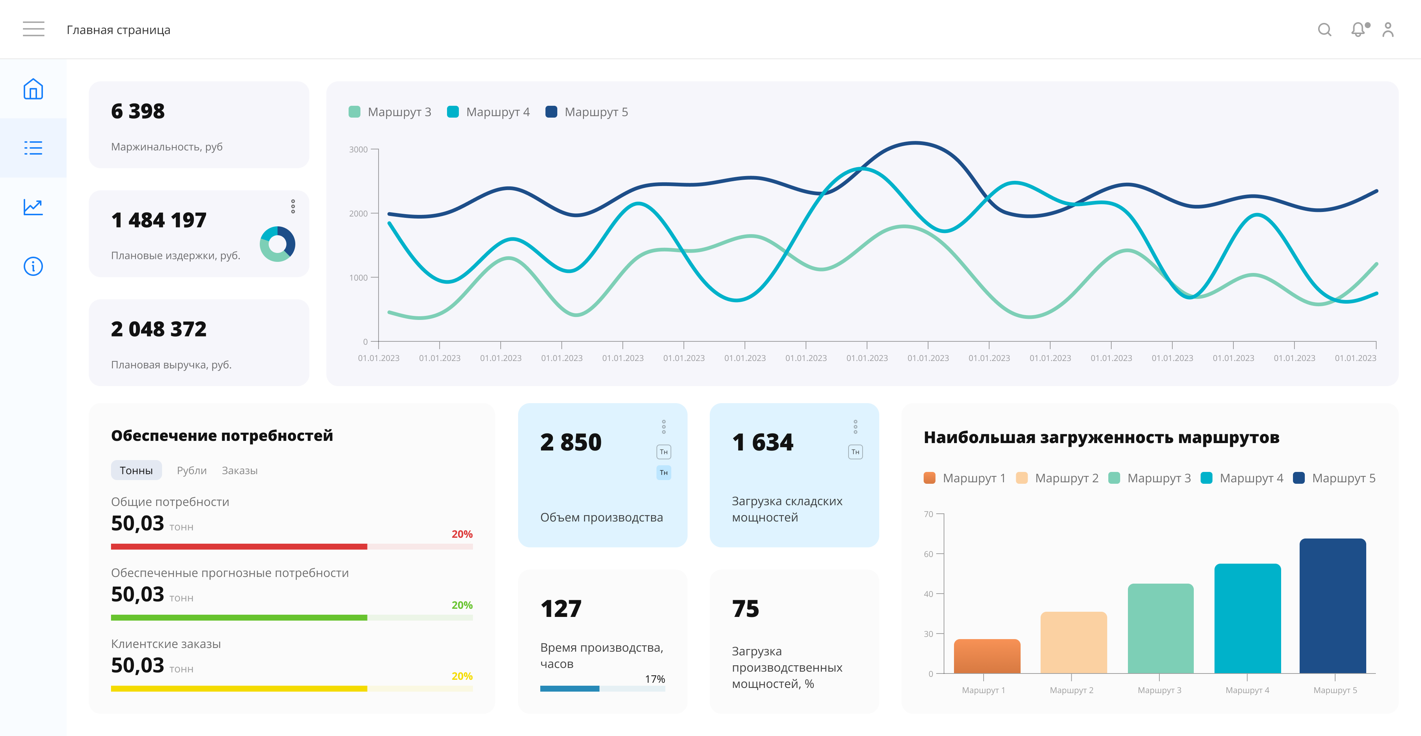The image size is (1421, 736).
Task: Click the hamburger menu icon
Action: pos(34,29)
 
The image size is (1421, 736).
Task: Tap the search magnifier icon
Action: pos(1324,29)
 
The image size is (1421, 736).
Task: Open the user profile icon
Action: pos(1388,29)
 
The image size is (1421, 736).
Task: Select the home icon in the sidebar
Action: pos(33,89)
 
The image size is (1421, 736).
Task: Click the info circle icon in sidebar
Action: pos(33,266)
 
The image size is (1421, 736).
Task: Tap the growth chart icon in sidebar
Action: pos(33,207)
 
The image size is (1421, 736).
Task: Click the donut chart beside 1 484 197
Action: pos(278,244)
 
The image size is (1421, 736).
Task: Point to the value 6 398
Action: pos(138,111)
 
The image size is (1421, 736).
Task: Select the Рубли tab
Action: pos(191,470)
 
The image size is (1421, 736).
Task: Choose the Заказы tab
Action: pos(239,470)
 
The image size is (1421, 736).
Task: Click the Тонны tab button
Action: pos(136,470)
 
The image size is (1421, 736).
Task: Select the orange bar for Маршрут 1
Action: pos(987,656)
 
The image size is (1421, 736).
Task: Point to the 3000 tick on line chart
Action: pos(359,149)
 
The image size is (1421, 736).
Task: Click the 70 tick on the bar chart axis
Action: pos(929,514)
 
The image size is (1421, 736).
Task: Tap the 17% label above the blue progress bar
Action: pos(655,679)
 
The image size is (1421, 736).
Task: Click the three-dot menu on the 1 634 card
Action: pos(856,427)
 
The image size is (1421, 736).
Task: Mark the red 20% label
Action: pos(462,534)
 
